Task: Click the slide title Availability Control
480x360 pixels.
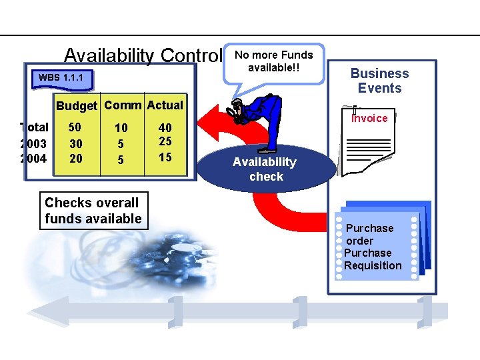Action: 142,55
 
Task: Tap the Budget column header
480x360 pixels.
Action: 77,106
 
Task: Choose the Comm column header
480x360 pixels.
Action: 123,105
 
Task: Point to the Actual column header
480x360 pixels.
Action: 165,105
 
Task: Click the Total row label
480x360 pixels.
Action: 35,127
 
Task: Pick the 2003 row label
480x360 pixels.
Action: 34,143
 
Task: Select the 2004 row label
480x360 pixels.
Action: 34,158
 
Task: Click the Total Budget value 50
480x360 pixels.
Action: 75,127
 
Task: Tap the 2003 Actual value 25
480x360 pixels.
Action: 165,142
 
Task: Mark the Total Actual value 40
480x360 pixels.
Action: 165,127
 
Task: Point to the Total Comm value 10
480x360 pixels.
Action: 121,128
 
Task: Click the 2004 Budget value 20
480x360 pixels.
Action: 76,158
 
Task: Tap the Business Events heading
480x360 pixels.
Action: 379,81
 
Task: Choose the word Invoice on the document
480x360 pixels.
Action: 369,119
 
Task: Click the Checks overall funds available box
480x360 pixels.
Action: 93,211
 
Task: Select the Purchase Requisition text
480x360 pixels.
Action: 373,259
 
